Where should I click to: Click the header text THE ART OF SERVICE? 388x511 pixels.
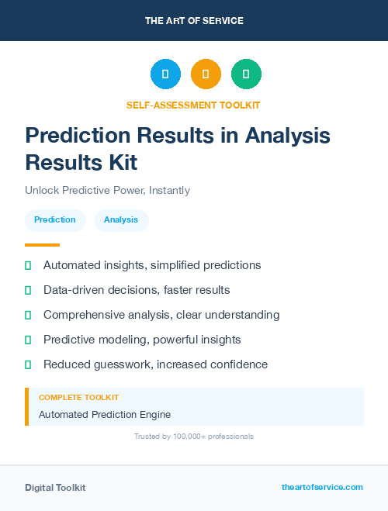pyautogui.click(x=194, y=21)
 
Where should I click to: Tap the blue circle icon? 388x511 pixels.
pyautogui.click(x=165, y=74)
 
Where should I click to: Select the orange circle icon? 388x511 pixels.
pyautogui.click(x=206, y=74)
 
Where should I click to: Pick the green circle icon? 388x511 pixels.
pyautogui.click(x=246, y=74)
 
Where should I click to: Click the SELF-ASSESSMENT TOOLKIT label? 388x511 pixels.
pyautogui.click(x=194, y=105)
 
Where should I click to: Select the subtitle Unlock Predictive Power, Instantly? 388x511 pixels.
pyautogui.click(x=107, y=190)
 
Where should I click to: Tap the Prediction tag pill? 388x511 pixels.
pyautogui.click(x=55, y=220)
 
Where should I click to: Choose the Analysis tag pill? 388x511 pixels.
pyautogui.click(x=121, y=220)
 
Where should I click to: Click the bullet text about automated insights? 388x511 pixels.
pyautogui.click(x=152, y=265)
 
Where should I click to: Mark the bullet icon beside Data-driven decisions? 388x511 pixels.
pyautogui.click(x=28, y=290)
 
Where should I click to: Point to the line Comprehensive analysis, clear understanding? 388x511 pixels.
pyautogui.click(x=161, y=315)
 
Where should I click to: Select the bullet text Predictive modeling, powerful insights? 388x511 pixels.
pyautogui.click(x=142, y=340)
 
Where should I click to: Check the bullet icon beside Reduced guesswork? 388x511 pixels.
pyautogui.click(x=28, y=364)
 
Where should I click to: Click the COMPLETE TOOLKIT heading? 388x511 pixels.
pyautogui.click(x=78, y=397)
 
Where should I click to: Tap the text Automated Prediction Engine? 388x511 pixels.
pyautogui.click(x=105, y=414)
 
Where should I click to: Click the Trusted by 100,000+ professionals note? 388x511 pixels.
pyautogui.click(x=194, y=437)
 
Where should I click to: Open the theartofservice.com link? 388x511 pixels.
pyautogui.click(x=322, y=487)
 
